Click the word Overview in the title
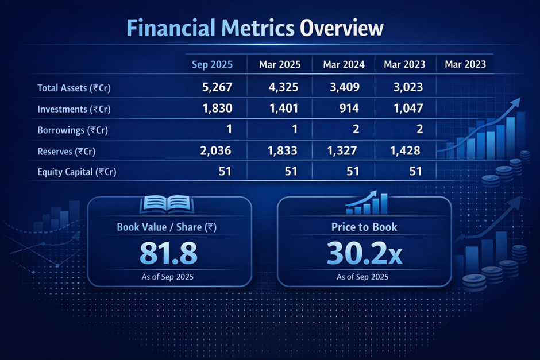[x=340, y=27]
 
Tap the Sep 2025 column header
[x=212, y=64]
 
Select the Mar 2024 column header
[x=344, y=64]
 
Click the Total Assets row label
[x=73, y=88]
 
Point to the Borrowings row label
[x=72, y=130]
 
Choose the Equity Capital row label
[x=76, y=171]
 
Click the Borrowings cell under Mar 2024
[x=356, y=130]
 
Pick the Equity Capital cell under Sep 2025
[x=225, y=171]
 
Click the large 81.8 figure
[x=168, y=253]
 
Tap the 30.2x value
[x=364, y=253]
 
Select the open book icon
[x=167, y=205]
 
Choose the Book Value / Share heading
[x=167, y=227]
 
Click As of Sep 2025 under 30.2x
[x=362, y=277]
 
